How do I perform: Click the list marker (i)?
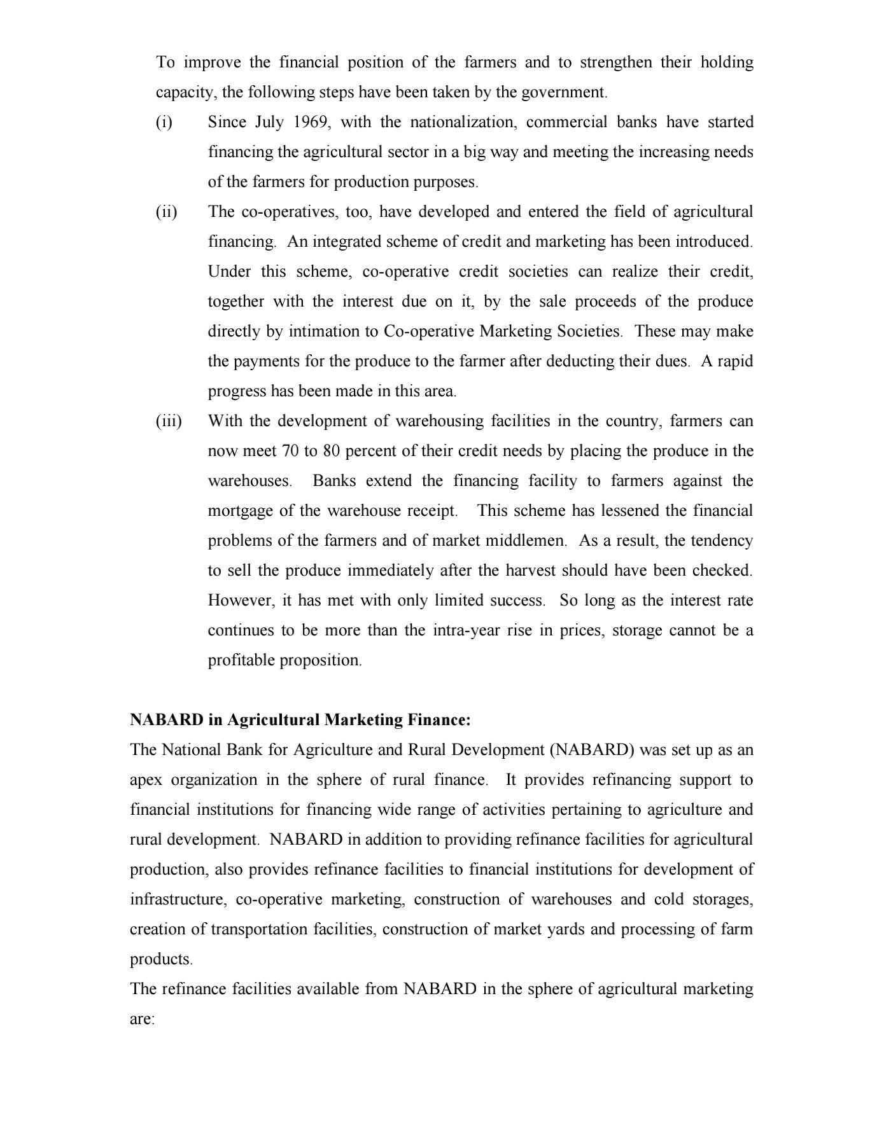pos(164,122)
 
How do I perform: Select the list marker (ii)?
pos(167,212)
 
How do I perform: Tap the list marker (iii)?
pos(169,421)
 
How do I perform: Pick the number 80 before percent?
pos(332,451)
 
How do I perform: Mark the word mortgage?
pos(237,511)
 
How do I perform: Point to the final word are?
pos(142,1019)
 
